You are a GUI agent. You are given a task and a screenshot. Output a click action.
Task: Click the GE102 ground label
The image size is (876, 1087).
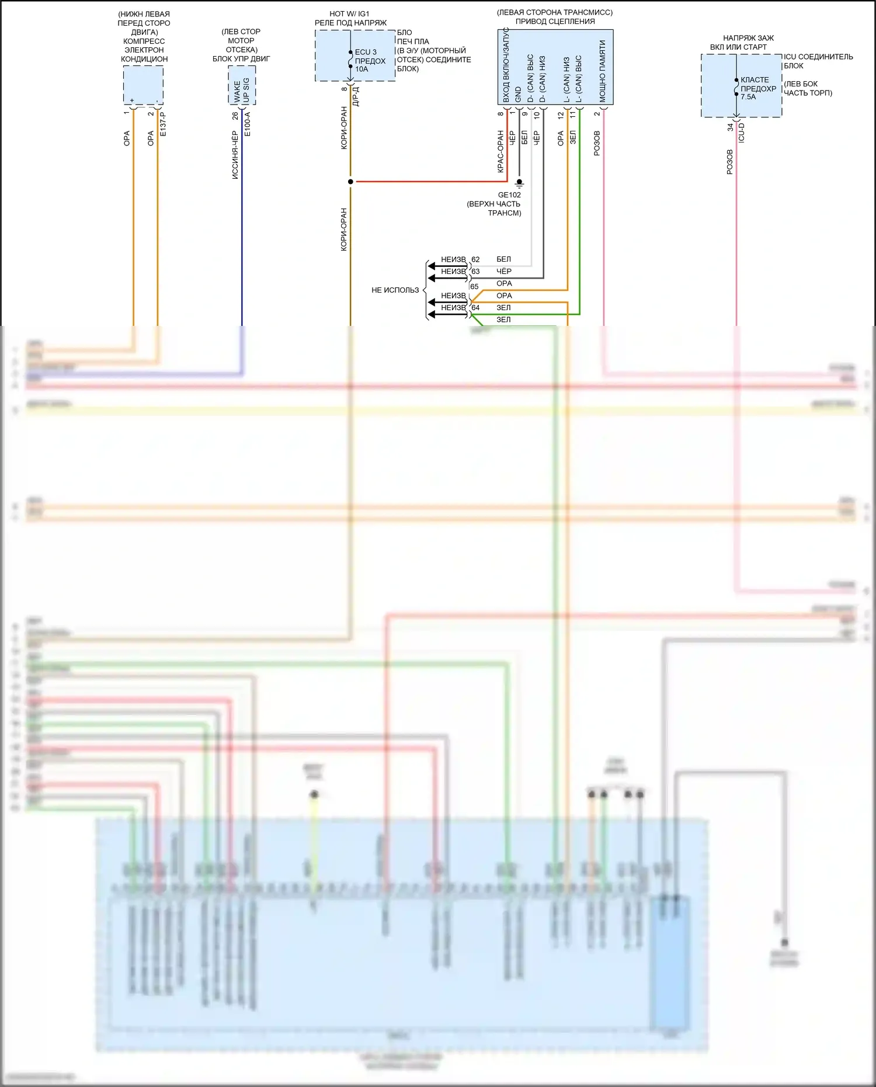tap(509, 195)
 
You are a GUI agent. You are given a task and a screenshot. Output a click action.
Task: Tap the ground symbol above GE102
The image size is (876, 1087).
tap(519, 183)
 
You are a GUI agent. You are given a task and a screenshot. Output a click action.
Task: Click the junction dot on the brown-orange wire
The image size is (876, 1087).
tap(350, 182)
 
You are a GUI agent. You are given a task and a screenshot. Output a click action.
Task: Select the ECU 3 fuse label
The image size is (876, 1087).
tap(366, 52)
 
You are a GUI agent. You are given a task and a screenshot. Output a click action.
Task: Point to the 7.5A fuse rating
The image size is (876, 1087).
tap(748, 97)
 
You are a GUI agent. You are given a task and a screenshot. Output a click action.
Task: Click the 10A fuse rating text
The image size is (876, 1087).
tap(361, 69)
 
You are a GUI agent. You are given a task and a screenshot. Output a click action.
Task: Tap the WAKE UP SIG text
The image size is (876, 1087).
tap(241, 91)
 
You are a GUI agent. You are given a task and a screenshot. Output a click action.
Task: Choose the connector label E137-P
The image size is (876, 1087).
tap(163, 124)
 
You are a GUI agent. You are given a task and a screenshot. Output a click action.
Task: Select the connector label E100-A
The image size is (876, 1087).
tap(248, 124)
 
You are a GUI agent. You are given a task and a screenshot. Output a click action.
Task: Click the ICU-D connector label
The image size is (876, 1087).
tap(742, 133)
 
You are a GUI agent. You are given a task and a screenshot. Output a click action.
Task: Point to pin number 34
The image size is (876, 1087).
tap(730, 127)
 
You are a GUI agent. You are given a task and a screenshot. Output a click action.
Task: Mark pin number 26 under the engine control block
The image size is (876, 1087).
tap(235, 116)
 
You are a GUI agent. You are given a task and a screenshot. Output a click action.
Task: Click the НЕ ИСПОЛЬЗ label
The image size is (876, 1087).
tap(395, 290)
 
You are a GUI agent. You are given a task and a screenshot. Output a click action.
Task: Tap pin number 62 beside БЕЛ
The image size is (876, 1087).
tap(475, 259)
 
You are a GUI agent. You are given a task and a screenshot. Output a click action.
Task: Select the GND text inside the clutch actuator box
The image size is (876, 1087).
tap(518, 94)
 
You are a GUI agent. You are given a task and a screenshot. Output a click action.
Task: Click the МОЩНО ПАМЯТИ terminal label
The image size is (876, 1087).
tap(602, 71)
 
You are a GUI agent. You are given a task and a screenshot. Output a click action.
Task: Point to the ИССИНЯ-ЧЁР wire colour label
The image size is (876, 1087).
tap(235, 155)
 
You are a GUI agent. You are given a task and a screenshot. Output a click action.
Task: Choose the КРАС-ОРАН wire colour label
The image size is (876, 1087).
tap(500, 152)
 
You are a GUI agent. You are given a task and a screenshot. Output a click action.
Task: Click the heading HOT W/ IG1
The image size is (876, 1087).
tap(349, 14)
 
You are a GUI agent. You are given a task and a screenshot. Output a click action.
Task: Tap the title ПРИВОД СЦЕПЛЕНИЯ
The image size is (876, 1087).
tap(555, 22)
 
